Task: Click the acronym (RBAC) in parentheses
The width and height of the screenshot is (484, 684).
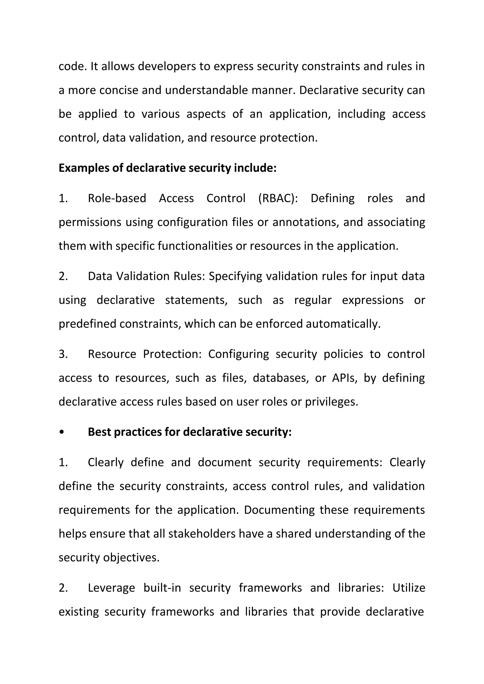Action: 278,198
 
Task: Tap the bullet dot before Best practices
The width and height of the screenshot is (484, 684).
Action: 62,432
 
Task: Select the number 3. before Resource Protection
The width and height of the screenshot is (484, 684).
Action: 63,354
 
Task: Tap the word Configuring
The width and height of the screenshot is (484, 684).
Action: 238,354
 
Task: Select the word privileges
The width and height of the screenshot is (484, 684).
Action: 331,402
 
